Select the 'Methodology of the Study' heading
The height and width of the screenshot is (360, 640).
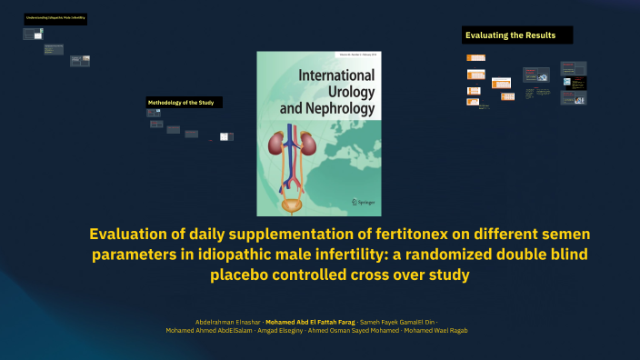pyautogui.click(x=181, y=103)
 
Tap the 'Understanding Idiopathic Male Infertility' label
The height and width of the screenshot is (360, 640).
pyautogui.click(x=55, y=18)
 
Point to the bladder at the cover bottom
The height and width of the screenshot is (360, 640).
pyautogui.click(x=292, y=206)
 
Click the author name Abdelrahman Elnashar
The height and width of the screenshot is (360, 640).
pyautogui.click(x=226, y=323)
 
